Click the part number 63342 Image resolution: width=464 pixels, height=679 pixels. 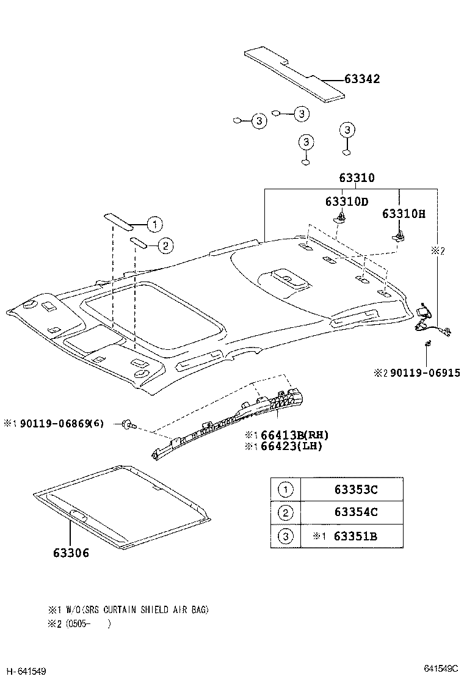click(362, 79)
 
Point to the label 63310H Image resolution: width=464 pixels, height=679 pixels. click(404, 214)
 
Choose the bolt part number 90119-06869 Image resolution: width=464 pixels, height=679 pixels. click(55, 423)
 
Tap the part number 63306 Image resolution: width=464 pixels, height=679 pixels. click(71, 553)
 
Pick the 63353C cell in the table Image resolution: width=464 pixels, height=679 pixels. click(355, 489)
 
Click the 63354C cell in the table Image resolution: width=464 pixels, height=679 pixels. click(355, 512)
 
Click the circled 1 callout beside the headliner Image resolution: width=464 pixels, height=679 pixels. click(154, 224)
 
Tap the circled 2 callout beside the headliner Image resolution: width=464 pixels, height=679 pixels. click(165, 245)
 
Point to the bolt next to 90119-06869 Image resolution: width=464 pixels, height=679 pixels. click(129, 423)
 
